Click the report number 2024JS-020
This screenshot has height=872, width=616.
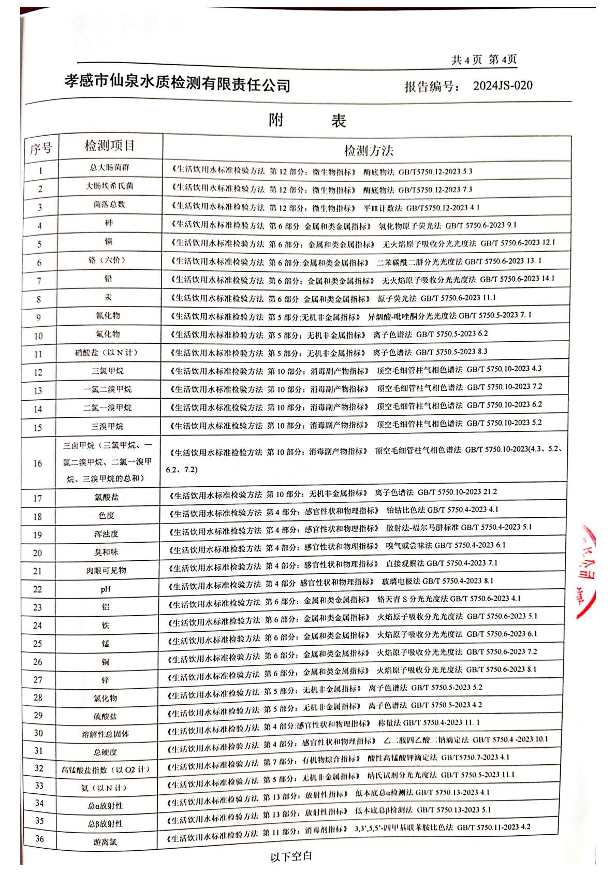tap(502, 85)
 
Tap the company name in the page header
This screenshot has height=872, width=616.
tap(177, 83)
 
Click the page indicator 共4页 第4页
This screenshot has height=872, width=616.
tap(483, 60)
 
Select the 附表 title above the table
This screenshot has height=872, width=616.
tap(307, 121)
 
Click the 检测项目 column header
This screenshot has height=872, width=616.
tap(110, 146)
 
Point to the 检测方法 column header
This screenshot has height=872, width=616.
tap(369, 150)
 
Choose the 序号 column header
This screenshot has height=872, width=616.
tap(41, 149)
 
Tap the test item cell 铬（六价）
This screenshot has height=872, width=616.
tap(107, 260)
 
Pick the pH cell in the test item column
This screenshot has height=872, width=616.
tap(106, 589)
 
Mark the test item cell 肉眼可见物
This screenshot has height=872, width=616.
tap(106, 571)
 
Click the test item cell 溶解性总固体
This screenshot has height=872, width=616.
tap(106, 734)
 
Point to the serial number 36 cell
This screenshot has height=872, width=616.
tap(39, 839)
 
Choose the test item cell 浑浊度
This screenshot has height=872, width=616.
tap(106, 534)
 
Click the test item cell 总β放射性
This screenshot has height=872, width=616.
tap(105, 823)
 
